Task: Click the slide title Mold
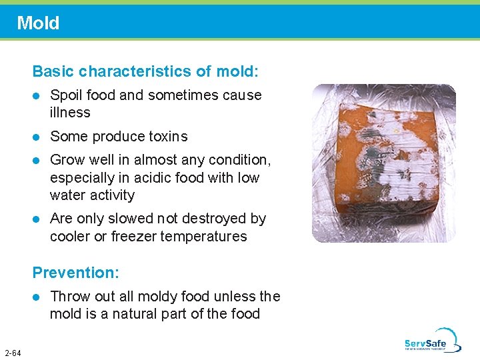click(38, 23)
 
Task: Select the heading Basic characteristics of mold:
click(145, 71)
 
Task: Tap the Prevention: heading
click(75, 273)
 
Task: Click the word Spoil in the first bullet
click(67, 95)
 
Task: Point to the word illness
click(70, 113)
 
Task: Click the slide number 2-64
click(12, 353)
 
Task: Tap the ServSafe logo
click(432, 341)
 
